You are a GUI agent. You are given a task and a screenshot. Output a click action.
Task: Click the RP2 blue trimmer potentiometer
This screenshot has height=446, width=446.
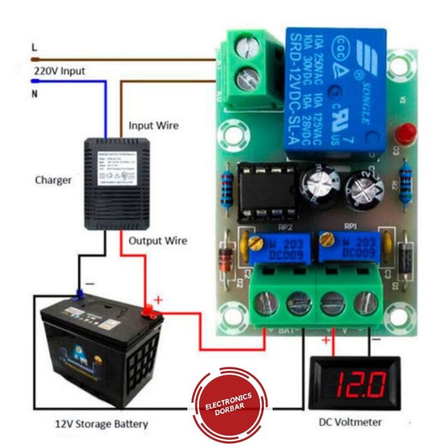click(273, 247)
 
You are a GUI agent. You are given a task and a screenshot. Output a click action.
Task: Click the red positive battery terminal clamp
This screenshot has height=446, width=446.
click(149, 310)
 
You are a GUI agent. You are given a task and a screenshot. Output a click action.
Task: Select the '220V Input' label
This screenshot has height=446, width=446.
click(59, 71)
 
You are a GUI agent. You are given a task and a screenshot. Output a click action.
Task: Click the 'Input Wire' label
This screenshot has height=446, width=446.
click(153, 126)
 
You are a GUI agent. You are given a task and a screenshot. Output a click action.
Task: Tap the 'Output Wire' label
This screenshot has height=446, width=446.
click(157, 240)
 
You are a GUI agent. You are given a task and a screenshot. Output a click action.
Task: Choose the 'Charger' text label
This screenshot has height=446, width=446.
click(53, 181)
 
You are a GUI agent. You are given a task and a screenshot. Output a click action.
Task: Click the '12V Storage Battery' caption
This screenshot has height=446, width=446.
click(100, 424)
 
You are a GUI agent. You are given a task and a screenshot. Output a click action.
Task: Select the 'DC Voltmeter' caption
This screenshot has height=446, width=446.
click(350, 423)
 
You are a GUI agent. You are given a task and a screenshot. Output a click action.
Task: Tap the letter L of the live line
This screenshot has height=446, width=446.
click(35, 47)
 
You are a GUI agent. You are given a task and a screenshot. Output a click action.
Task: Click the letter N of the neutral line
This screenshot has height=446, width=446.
click(35, 94)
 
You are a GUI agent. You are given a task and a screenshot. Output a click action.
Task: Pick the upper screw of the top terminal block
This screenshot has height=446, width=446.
click(248, 47)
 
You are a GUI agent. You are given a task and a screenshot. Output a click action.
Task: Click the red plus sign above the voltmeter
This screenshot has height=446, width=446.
click(326, 340)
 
